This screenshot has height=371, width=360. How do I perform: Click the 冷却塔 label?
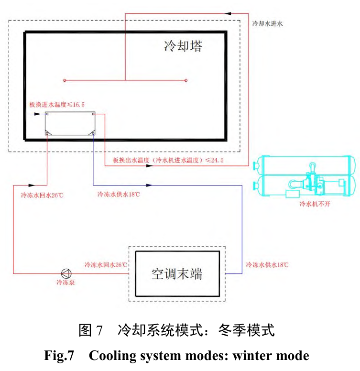point(183,46)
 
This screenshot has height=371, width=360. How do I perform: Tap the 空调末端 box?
point(177,273)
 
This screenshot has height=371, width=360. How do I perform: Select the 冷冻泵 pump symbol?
point(65,273)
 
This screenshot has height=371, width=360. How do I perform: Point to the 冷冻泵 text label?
point(65,282)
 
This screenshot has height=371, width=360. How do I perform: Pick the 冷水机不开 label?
point(314,204)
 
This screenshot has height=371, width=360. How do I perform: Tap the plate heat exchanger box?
point(70,124)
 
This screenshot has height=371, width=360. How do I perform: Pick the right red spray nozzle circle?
point(186,80)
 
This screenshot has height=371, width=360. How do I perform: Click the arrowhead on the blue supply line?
point(149,185)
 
